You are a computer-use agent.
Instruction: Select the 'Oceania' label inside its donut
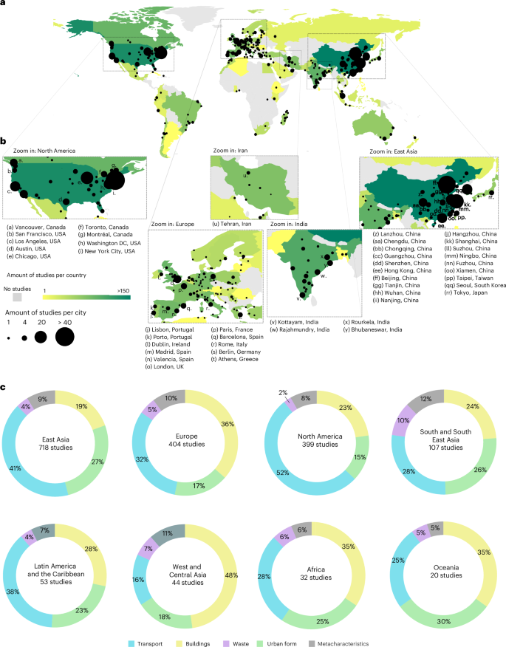pyautogui.click(x=434, y=560)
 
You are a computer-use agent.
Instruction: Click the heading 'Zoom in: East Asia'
pyautogui.click(x=389, y=151)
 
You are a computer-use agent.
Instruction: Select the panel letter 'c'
pyautogui.click(x=4, y=386)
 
